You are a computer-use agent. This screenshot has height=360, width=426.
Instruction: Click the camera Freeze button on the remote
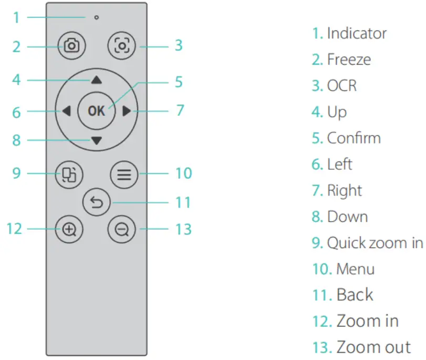point(72,46)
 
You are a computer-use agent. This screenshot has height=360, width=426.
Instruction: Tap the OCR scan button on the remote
point(122,46)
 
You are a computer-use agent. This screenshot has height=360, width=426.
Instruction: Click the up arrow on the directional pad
point(96,80)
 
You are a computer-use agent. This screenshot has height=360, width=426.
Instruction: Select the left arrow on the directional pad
point(66,111)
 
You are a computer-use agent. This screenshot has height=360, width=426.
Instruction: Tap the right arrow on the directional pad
point(126,111)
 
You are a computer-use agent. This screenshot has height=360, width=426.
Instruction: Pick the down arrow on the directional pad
point(96,140)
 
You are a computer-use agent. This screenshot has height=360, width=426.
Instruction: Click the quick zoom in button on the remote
point(69,173)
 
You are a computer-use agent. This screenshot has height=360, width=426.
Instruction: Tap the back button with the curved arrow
point(97,202)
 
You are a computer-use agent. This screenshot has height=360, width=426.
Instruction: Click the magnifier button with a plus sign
point(69,230)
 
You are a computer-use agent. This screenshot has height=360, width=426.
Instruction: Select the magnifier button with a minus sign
point(122,230)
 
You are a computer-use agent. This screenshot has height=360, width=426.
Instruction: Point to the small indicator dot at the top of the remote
point(96,17)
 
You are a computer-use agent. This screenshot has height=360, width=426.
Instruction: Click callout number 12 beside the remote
point(14,229)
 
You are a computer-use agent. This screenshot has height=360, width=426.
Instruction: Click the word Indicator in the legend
point(357,34)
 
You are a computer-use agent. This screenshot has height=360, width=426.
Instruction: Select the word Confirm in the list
point(354,138)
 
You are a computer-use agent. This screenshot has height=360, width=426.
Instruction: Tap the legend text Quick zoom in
point(375,243)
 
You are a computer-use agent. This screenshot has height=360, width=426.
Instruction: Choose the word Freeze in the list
point(349,59)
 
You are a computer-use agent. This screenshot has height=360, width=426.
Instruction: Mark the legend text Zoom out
point(373,347)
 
